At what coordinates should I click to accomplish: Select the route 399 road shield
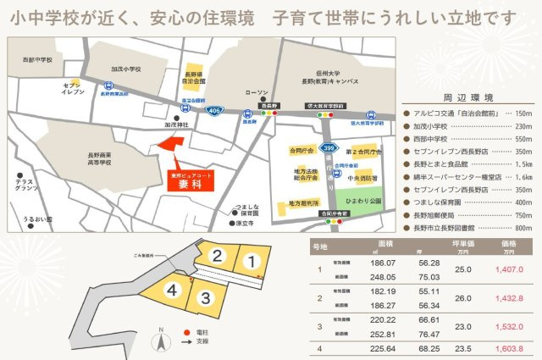tap(325, 147)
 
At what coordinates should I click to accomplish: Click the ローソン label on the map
tap(255, 92)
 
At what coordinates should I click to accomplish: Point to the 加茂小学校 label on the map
tap(124, 71)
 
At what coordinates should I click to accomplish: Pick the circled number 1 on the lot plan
tap(251, 261)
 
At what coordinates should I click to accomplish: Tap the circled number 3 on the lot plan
tap(205, 297)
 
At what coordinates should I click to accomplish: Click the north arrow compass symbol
tap(157, 341)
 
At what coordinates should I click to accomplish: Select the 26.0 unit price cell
tap(462, 298)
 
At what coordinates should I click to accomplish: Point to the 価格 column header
tap(507, 243)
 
